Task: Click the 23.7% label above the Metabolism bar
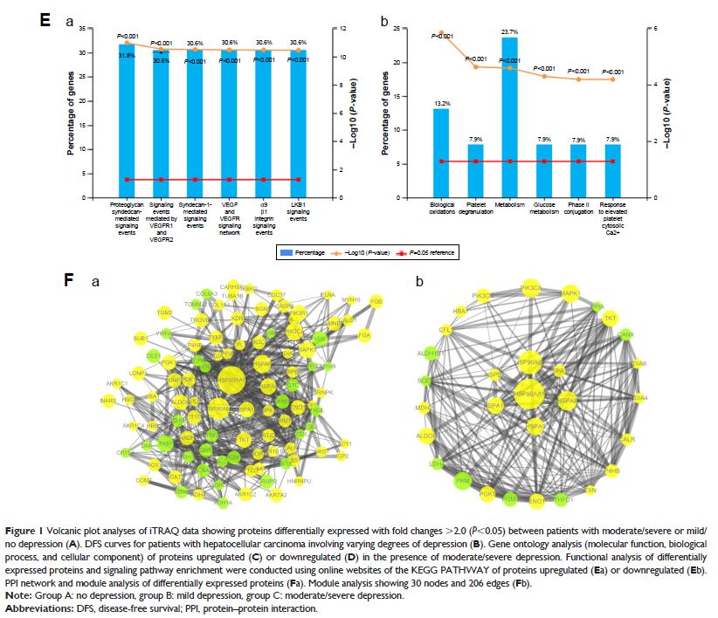(509, 31)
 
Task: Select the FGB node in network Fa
(376, 301)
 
